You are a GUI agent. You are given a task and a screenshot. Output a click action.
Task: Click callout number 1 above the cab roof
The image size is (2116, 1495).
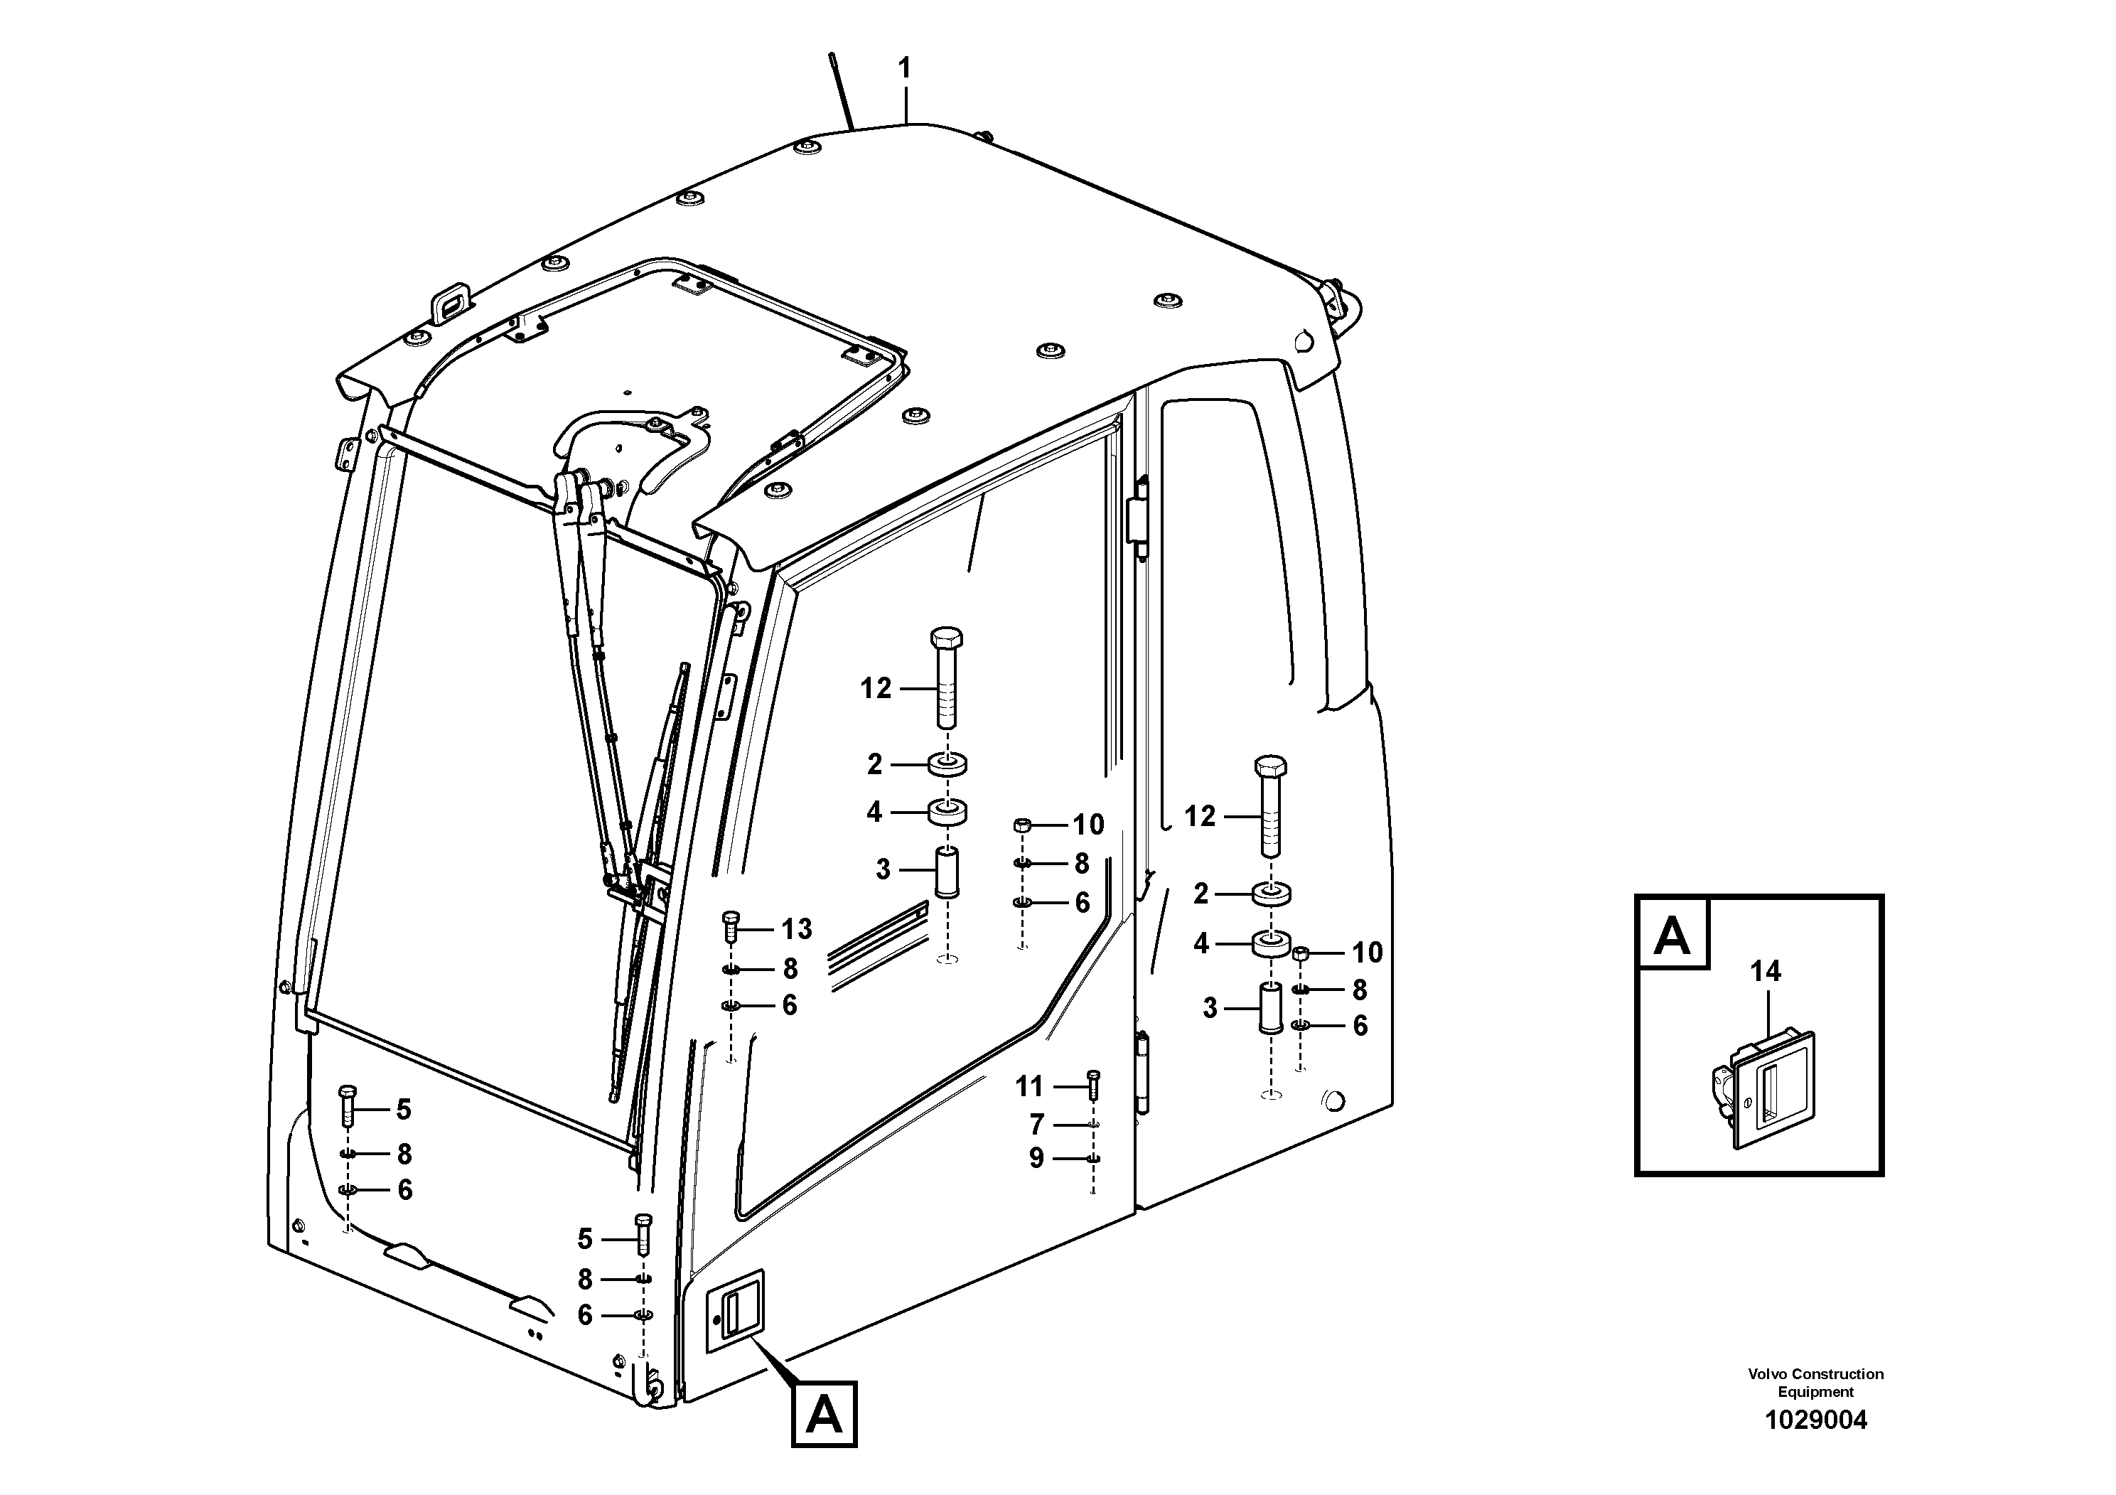click(904, 68)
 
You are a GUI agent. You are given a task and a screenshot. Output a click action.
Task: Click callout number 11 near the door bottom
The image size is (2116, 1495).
click(1029, 1087)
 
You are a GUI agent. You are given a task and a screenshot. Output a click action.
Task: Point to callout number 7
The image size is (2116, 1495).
click(1037, 1125)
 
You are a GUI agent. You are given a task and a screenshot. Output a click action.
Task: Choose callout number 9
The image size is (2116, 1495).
click(1037, 1159)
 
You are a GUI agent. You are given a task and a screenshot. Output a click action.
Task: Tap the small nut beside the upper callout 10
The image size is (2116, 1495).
click(1021, 824)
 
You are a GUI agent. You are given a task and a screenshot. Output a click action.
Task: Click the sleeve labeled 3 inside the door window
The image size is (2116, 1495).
click(947, 873)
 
